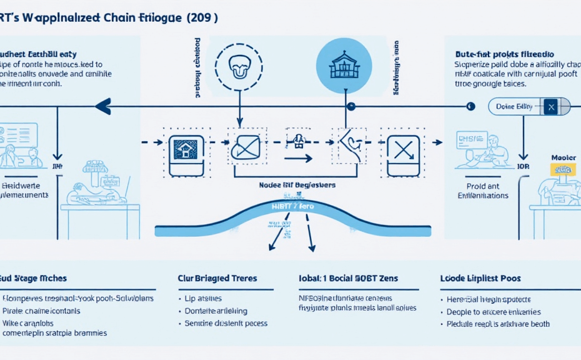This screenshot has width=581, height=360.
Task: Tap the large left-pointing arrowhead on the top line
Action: tap(103, 107)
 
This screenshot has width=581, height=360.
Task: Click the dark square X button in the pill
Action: tap(550, 107)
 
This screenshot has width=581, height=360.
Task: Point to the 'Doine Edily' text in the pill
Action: tap(514, 107)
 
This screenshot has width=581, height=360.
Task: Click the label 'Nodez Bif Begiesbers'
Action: tap(297, 185)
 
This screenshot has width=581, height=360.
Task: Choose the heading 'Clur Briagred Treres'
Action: tap(217, 277)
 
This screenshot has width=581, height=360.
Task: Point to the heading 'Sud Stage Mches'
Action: tap(34, 277)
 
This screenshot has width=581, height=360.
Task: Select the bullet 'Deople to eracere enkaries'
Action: tap(494, 311)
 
